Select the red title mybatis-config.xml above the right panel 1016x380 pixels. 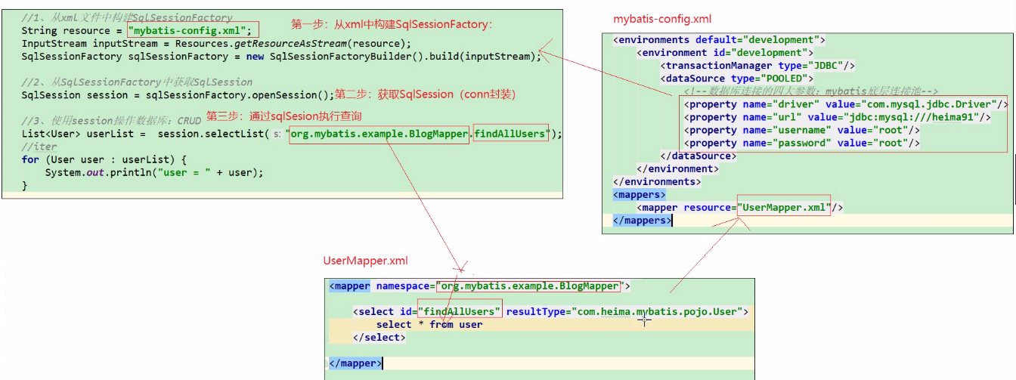pyautogui.click(x=662, y=19)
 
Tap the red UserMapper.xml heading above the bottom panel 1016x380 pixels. pyautogui.click(x=366, y=261)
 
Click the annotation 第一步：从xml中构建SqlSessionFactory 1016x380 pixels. pyautogui.click(x=392, y=24)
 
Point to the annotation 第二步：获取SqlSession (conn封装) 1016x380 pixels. pyautogui.click(x=425, y=94)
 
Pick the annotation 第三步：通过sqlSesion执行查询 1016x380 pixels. pyautogui.click(x=283, y=116)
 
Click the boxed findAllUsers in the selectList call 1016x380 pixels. pyautogui.click(x=510, y=134)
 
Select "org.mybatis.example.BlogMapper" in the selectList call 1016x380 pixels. pyautogui.click(x=378, y=134)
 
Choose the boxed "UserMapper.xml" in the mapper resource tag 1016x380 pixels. pyautogui.click(x=784, y=207)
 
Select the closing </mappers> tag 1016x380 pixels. pyautogui.click(x=641, y=221)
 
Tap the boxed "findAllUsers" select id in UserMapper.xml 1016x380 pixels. pyautogui.click(x=460, y=311)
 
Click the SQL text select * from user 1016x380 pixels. pyautogui.click(x=429, y=324)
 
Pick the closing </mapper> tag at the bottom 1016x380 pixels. pyautogui.click(x=355, y=363)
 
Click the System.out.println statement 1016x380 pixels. pyautogui.click(x=154, y=172)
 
